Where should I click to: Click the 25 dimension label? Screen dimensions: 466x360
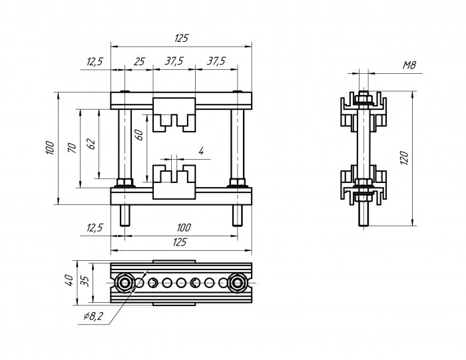point(139,62)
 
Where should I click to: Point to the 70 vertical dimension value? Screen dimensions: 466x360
point(72,148)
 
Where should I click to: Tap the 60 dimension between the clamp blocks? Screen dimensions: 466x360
point(138,135)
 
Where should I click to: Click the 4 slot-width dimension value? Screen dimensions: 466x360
point(201,151)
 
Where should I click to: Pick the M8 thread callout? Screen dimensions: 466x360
point(409,65)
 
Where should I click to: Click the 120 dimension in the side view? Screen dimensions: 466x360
point(404,158)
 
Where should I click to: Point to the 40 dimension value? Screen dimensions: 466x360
point(69,280)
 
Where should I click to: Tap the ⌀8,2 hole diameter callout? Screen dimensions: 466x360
point(93,316)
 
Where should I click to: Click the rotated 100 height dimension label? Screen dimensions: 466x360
point(50,148)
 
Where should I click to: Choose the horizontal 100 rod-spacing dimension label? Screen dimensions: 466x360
point(184,228)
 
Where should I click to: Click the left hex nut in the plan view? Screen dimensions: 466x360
point(124,282)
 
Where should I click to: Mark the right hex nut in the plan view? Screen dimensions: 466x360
point(237,282)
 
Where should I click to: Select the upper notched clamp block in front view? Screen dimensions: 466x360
point(174,114)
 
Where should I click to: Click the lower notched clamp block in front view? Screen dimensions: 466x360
point(174,182)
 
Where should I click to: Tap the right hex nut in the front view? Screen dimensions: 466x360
point(237,182)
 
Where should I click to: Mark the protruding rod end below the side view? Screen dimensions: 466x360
point(363,213)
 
